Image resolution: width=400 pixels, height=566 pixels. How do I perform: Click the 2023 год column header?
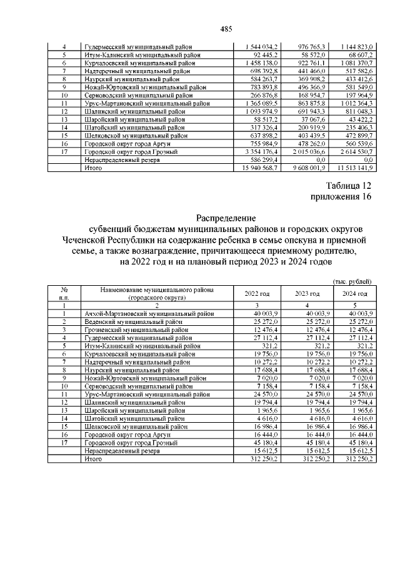[x=307, y=293]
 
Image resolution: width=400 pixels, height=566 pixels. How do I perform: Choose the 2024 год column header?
[x=355, y=293]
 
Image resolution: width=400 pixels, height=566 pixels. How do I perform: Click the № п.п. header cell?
[x=64, y=293]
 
